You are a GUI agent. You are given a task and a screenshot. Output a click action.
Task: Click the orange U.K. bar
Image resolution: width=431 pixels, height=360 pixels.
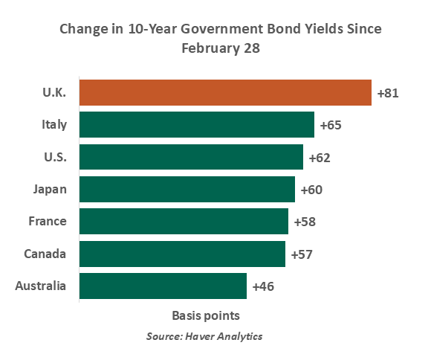[x=225, y=93]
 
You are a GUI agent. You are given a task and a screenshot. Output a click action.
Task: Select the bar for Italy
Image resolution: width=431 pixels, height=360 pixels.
[x=197, y=125]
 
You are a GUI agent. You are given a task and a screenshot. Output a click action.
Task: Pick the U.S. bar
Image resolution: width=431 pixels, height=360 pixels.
[x=191, y=157]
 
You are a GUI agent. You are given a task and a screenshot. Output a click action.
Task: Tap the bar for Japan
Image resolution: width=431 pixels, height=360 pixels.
[x=187, y=190]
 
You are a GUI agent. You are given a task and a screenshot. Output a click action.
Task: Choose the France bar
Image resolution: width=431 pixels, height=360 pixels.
[x=184, y=222]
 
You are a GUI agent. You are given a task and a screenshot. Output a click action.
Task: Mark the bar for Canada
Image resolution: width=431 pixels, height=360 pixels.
[x=182, y=254]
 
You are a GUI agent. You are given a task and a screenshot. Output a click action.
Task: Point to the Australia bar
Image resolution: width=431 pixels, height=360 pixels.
[x=163, y=286]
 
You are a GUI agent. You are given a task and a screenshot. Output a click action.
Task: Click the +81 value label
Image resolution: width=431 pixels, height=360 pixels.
[x=388, y=93]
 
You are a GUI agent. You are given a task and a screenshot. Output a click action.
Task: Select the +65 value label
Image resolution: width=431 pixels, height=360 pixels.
[x=331, y=125]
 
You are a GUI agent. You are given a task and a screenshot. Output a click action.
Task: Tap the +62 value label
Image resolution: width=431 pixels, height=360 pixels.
[x=320, y=158]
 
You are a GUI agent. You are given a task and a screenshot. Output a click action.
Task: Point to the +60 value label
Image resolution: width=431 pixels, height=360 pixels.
[x=311, y=190]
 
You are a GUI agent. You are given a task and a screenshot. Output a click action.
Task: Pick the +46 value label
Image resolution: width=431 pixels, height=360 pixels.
[x=263, y=287]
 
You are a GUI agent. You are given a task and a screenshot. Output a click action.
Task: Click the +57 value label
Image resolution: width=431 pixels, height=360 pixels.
[x=302, y=254]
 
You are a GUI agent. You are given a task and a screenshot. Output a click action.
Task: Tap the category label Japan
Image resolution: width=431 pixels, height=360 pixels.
[x=50, y=190]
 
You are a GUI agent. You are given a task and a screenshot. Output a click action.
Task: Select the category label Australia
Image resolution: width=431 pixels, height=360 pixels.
[x=40, y=286]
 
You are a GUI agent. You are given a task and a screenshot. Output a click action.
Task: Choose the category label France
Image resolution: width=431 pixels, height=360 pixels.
[x=48, y=222]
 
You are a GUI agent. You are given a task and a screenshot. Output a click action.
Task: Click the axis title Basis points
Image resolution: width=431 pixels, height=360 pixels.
[x=206, y=316]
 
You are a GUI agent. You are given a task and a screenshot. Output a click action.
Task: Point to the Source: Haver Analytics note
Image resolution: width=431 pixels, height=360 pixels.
[x=204, y=336]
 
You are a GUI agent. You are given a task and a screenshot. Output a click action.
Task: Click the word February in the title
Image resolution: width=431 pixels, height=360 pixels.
[x=210, y=48]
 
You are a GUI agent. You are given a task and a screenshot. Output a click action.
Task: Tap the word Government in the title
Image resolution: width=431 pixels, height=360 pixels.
[x=222, y=28]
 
